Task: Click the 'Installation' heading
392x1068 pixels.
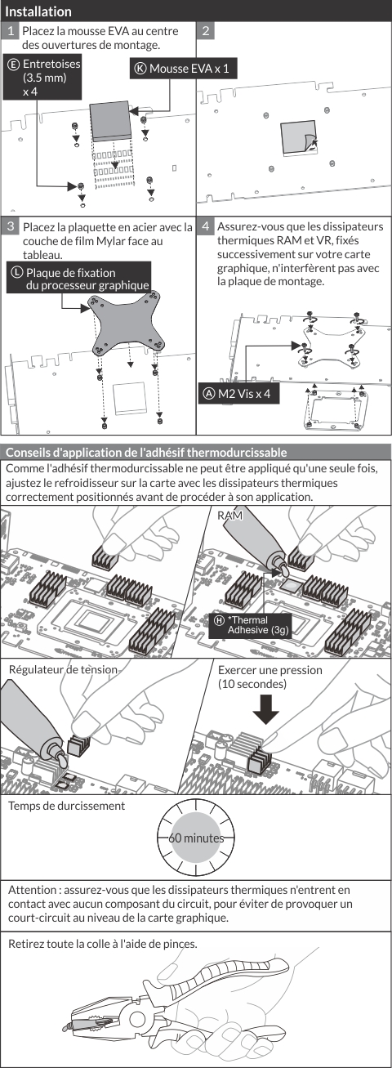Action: pyautogui.click(x=38, y=11)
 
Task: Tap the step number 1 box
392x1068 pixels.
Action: pyautogui.click(x=10, y=32)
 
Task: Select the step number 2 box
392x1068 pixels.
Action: pyautogui.click(x=206, y=32)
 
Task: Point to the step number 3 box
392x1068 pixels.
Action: pyautogui.click(x=10, y=226)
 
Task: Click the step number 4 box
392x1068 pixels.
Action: pyautogui.click(x=206, y=226)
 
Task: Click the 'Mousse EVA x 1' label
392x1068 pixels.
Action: pyautogui.click(x=184, y=69)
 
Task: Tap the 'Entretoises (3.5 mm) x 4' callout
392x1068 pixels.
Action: pyautogui.click(x=42, y=78)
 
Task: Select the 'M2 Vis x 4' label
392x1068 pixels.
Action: pyautogui.click(x=238, y=394)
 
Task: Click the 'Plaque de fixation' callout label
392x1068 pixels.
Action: pyautogui.click(x=78, y=279)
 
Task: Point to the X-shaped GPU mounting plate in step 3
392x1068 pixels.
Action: pyautogui.click(x=128, y=324)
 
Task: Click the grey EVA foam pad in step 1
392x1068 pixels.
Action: pyautogui.click(x=111, y=121)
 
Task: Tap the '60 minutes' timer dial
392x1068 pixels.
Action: pyautogui.click(x=196, y=838)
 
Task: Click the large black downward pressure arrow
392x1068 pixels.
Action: pyautogui.click(x=265, y=710)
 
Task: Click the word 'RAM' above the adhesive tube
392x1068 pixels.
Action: pyautogui.click(x=230, y=516)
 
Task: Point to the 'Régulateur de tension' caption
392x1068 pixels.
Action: pyautogui.click(x=63, y=669)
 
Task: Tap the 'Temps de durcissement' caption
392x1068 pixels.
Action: pyautogui.click(x=66, y=806)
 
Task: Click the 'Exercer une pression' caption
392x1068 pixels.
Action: pyautogui.click(x=269, y=670)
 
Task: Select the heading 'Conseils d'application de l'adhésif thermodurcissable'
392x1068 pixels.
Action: pyautogui.click(x=146, y=452)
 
